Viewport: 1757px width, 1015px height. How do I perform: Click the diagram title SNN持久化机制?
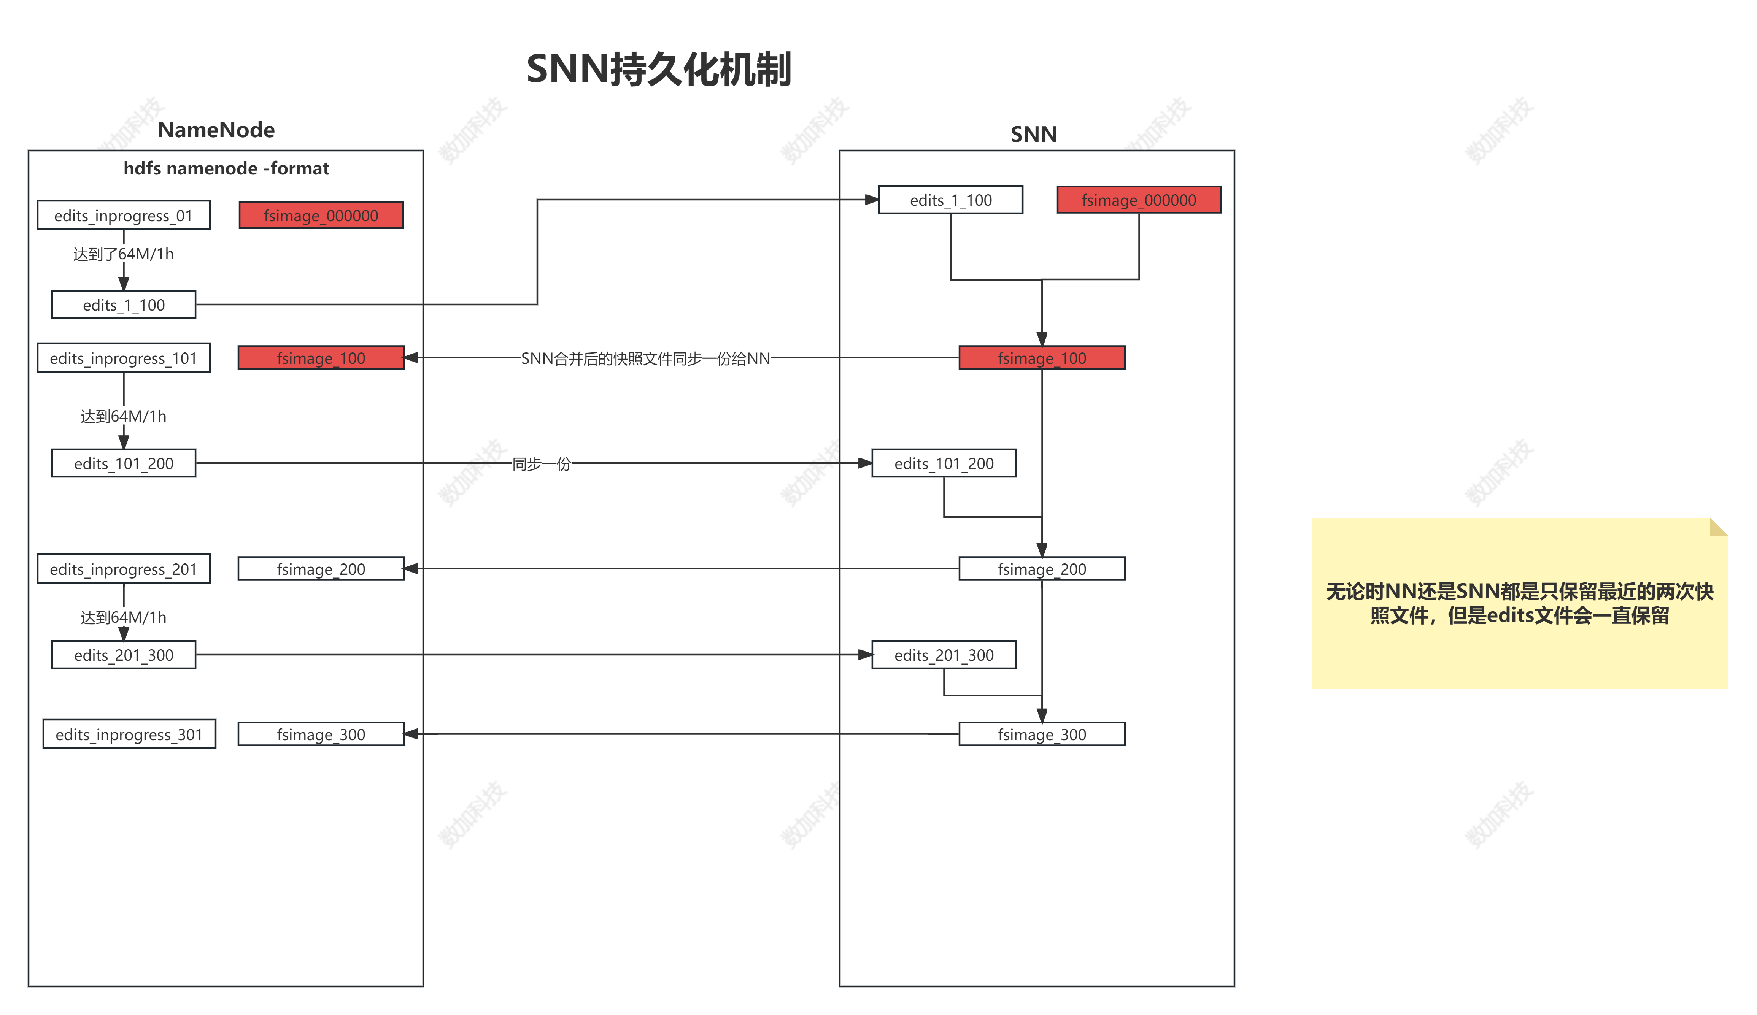658,70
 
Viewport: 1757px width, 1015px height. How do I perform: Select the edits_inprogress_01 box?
123,216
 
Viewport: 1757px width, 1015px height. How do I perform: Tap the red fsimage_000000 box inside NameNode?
321,216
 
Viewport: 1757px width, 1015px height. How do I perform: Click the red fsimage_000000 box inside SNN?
1139,200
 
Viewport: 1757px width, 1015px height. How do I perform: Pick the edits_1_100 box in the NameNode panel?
123,304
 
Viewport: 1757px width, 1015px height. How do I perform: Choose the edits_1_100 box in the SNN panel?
950,200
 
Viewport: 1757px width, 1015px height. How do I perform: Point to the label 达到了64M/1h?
123,254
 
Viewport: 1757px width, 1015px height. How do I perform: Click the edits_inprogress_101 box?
123,358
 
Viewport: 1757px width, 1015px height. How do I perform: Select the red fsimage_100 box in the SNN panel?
1042,358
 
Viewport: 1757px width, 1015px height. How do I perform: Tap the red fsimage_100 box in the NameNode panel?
321,358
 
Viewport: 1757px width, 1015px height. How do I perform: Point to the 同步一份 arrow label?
542,463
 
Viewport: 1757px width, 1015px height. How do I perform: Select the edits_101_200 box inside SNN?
943,463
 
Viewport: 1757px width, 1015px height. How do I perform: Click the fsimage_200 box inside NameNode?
321,569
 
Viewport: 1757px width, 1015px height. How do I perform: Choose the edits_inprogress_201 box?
123,569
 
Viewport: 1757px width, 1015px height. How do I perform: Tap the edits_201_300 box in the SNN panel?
943,655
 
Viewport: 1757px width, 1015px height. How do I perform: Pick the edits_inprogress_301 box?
129,735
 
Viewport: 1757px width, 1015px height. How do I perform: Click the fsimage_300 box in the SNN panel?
1042,735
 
